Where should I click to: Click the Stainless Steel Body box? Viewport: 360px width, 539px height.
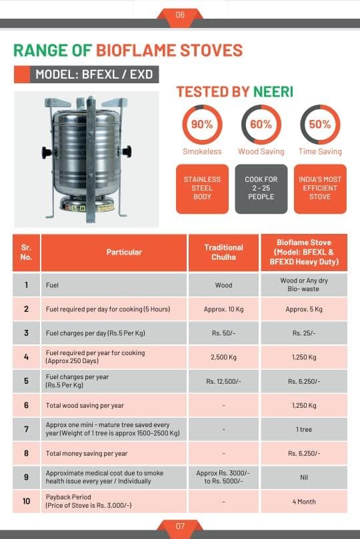click(202, 189)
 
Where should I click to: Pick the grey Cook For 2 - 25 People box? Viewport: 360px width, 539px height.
click(261, 189)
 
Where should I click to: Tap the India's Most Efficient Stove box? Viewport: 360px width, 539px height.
click(320, 189)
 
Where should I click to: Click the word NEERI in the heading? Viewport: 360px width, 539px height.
click(273, 92)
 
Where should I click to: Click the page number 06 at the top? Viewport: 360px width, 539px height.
click(180, 15)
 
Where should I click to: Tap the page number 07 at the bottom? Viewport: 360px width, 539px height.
click(180, 526)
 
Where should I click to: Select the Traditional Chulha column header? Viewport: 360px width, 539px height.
click(223, 253)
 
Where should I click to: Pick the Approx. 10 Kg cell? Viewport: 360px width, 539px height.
click(223, 309)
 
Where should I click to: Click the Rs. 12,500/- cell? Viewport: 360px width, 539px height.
click(223, 381)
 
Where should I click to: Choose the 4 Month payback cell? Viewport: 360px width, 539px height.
click(304, 502)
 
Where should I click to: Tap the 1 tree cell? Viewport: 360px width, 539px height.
click(304, 429)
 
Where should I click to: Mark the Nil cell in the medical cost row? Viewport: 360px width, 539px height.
click(304, 478)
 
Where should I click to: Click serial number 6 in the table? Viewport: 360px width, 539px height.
click(26, 405)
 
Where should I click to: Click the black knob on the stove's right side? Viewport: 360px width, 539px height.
click(127, 151)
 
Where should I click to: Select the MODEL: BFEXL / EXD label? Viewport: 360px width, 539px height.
click(94, 74)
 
